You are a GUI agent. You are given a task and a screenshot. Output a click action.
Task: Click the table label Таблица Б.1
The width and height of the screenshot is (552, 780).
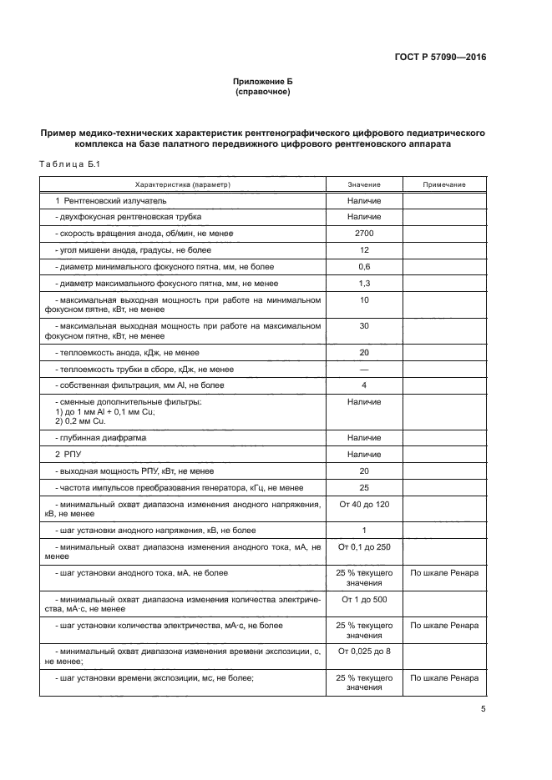click(69, 164)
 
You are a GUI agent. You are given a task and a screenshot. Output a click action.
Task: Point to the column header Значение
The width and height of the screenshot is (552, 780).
click(364, 184)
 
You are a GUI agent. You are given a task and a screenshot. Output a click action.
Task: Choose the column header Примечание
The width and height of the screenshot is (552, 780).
click(444, 184)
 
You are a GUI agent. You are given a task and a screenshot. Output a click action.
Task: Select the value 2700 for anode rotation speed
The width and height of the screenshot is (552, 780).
click(364, 234)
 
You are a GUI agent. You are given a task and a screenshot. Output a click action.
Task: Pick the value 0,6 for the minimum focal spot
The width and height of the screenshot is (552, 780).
click(364, 266)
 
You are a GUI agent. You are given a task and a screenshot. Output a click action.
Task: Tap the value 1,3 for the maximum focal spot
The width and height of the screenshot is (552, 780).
click(364, 283)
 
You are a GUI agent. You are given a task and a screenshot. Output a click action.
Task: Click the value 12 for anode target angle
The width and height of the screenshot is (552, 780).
click(364, 249)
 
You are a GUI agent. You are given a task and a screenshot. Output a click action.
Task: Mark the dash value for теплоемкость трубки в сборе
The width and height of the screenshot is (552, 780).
click(364, 369)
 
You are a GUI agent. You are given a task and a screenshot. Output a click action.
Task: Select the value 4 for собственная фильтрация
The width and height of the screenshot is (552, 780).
click(364, 385)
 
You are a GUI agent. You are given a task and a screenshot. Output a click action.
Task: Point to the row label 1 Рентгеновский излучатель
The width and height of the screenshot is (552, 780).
click(111, 201)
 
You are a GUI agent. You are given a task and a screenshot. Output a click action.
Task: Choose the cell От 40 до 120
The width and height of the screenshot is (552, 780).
click(364, 505)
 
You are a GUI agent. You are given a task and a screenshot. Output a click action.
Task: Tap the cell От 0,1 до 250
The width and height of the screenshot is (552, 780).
click(364, 546)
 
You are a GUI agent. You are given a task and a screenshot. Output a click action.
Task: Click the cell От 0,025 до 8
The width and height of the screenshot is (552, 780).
click(364, 651)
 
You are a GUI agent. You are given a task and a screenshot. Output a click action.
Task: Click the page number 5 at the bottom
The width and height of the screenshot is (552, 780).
click(484, 709)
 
